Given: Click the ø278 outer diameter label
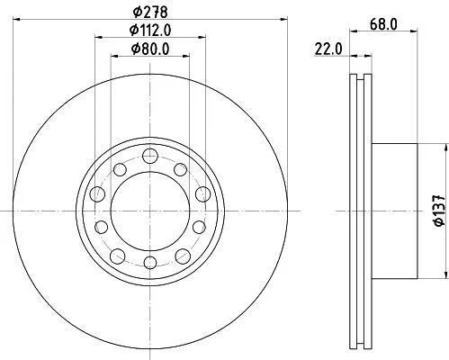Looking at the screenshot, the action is (150, 12).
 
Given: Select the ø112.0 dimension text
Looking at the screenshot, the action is (150, 30).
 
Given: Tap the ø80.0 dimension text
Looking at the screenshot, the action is (150, 49).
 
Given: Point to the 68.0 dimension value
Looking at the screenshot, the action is (383, 24).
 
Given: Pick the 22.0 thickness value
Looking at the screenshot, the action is (328, 49).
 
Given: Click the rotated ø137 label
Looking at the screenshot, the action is (440, 211).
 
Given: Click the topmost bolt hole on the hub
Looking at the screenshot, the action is (150, 156).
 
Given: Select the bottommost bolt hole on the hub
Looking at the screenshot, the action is (150, 263).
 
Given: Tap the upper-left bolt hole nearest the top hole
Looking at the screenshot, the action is (120, 170).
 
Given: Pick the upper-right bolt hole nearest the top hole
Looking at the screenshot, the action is (181, 170).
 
